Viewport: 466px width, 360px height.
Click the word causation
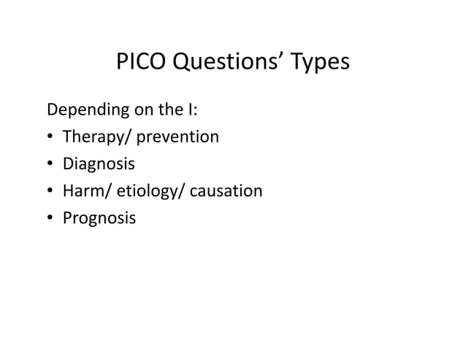coord(226,191)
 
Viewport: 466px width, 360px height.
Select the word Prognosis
coord(99,218)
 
